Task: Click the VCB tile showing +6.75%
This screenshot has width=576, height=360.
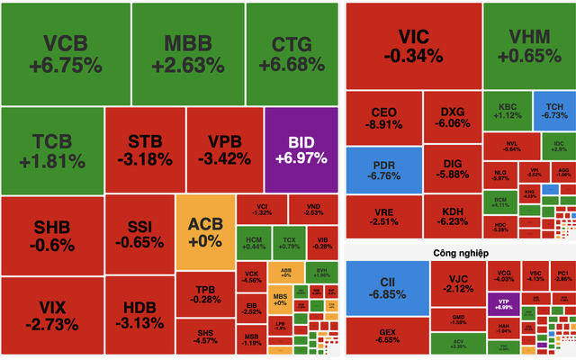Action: tap(64, 53)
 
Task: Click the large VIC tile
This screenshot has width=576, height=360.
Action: tap(412, 45)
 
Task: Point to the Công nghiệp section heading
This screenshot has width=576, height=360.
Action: tap(459, 253)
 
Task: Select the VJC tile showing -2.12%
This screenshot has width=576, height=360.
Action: tap(459, 281)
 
